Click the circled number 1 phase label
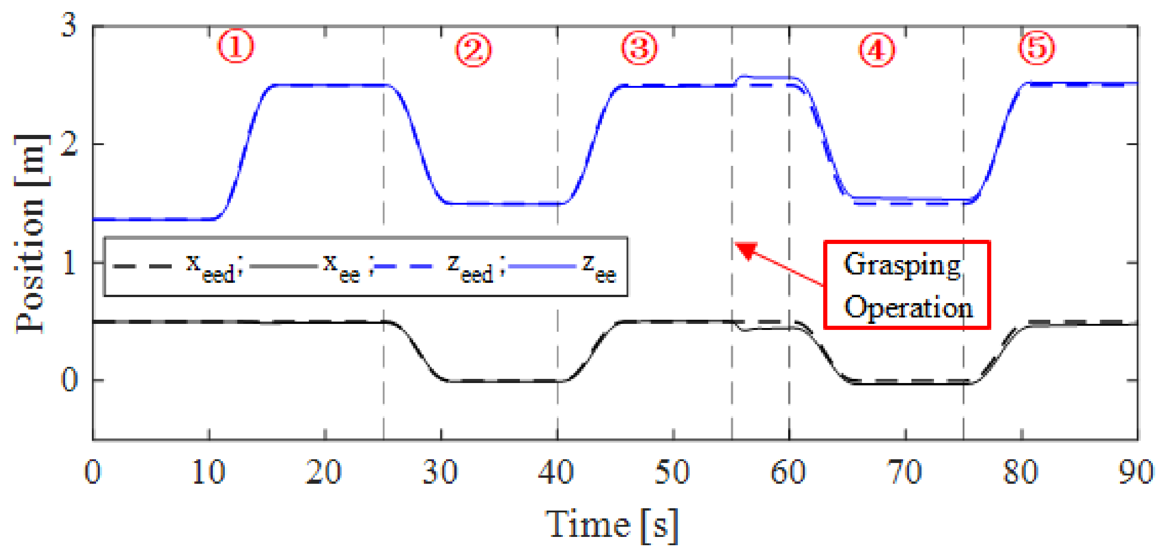click(235, 47)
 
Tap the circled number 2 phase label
click(473, 49)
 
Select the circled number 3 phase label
click(639, 48)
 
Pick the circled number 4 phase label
click(876, 49)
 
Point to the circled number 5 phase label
click(1036, 48)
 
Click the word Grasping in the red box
click(902, 265)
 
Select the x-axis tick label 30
click(440, 472)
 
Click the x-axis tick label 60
click(788, 472)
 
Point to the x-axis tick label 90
click(1136, 472)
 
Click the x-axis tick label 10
click(208, 472)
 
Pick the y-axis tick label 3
click(69, 25)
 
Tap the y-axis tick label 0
click(69, 380)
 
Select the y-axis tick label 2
click(69, 144)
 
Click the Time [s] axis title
click(611, 525)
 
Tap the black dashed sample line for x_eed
click(142, 267)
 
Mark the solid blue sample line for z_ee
click(542, 267)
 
